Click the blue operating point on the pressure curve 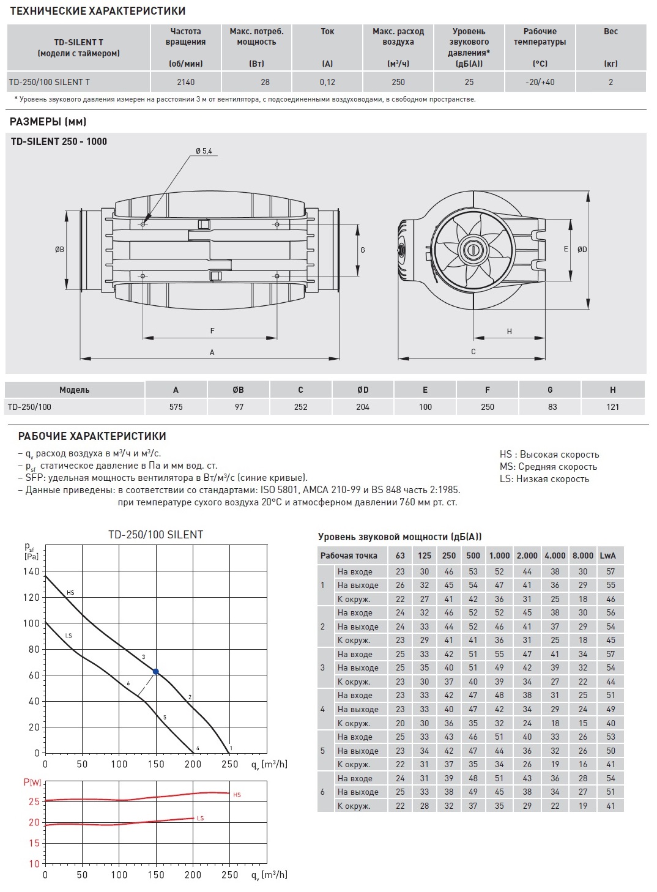pos(156,672)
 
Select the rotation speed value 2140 pos(185,82)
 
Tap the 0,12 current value pos(327,82)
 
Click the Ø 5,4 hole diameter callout pos(204,151)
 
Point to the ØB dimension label pos(59,250)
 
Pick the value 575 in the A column pos(176,407)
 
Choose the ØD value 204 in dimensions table pos(363,407)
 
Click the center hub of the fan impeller pos(472,249)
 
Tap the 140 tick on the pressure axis pos(31,571)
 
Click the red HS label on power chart pos(237,795)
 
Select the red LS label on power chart pos(200,819)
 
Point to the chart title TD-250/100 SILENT pos(155,534)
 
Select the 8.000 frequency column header pos(582,556)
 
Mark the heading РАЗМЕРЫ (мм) pos(48,122)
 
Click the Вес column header pos(611,32)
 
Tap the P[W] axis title pos(32,782)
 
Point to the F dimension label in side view pos(212,331)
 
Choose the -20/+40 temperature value pos(540,82)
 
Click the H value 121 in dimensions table pos(613,407)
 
